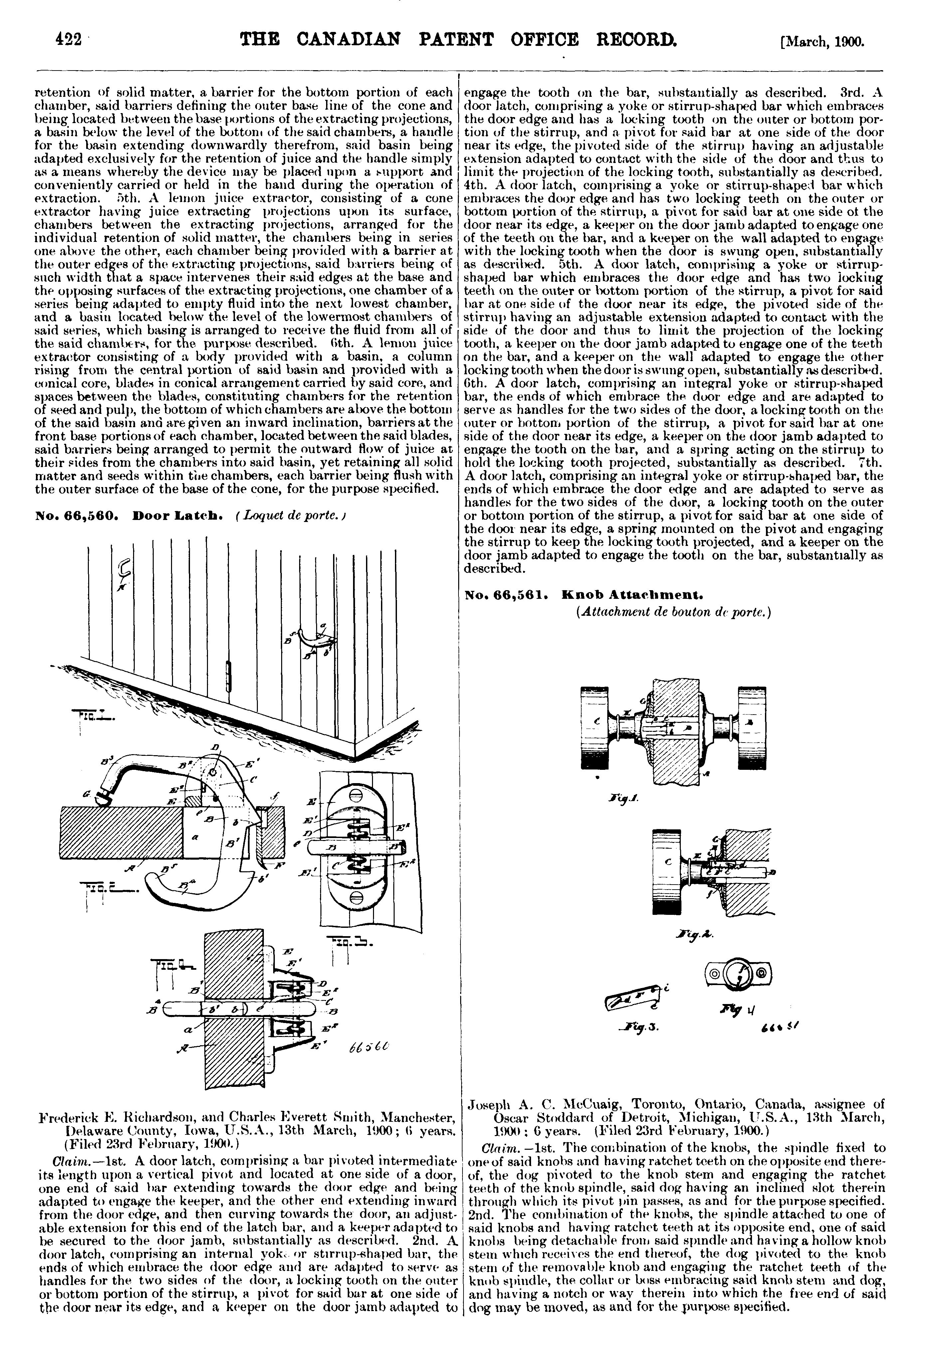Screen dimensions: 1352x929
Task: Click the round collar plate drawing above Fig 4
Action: [737, 972]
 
